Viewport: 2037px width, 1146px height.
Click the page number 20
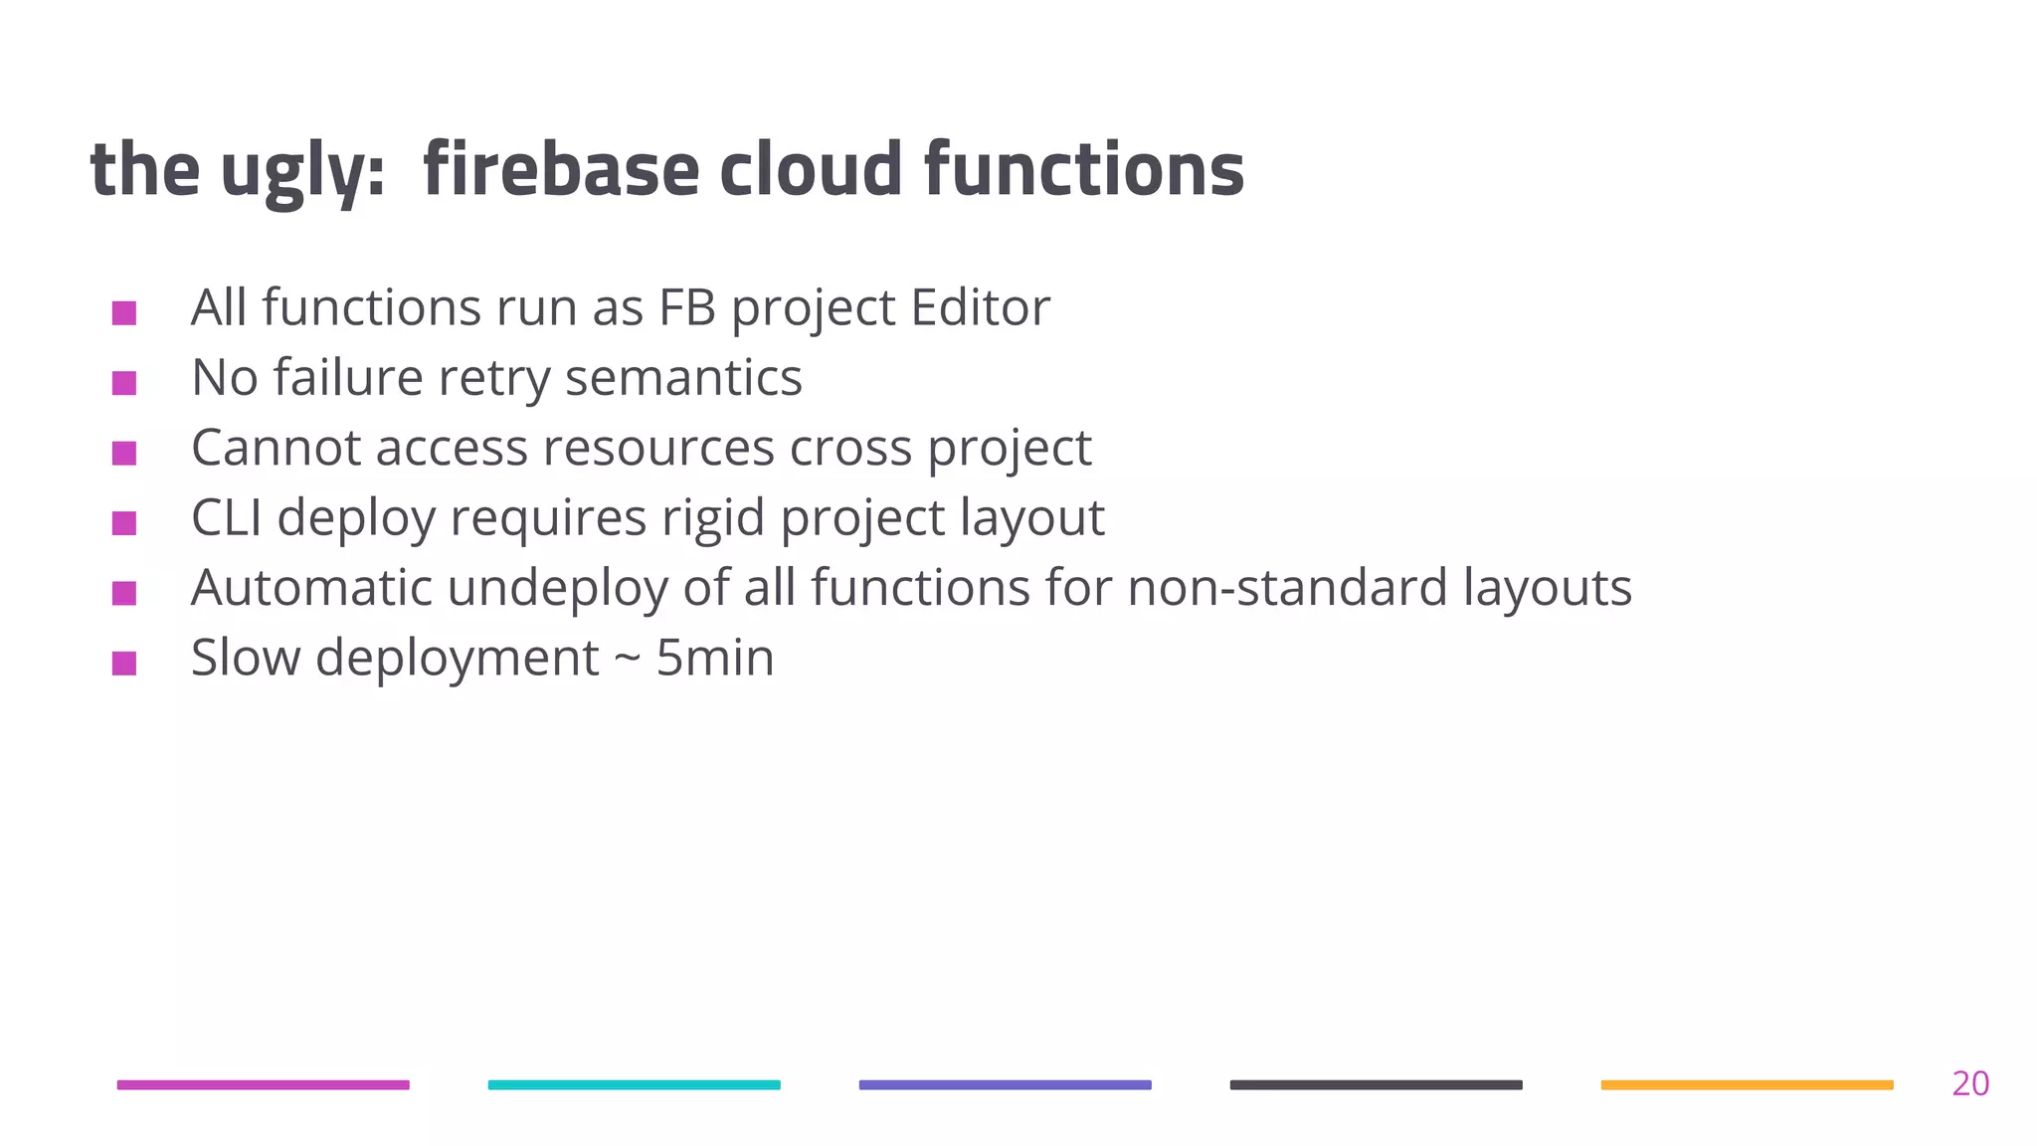[1969, 1083]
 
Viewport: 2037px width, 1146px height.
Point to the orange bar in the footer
[1747, 1084]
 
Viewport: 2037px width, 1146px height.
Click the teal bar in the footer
[634, 1084]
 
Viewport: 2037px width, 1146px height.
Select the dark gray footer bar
[1376, 1084]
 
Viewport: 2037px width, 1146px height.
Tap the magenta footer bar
[263, 1084]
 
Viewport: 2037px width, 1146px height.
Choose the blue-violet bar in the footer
[1005, 1084]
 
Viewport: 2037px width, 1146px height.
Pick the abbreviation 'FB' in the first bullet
[687, 307]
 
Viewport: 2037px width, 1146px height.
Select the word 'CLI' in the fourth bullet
[226, 517]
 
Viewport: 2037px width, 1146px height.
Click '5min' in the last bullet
[714, 658]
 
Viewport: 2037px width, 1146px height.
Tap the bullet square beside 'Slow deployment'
[124, 663]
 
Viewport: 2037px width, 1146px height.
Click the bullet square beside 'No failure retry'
[124, 383]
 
